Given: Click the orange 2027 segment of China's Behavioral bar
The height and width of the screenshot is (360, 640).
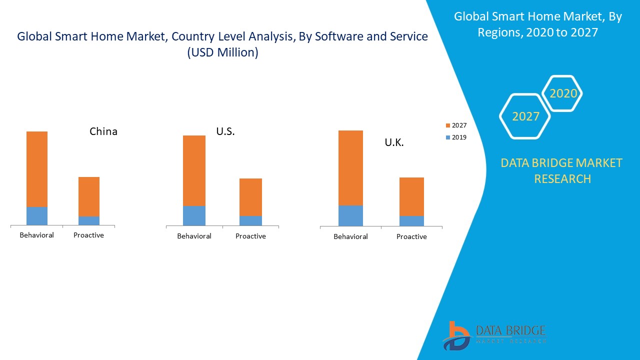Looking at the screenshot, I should click(x=37, y=169).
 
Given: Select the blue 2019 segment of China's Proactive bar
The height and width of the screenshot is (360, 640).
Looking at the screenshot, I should click(x=89, y=220).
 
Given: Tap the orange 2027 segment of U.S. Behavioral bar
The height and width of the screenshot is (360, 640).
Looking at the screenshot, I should click(x=194, y=170).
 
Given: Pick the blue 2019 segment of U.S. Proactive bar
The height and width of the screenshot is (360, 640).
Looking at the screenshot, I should click(x=250, y=220).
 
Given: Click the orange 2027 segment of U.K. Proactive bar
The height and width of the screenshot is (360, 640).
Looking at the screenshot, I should click(x=411, y=196).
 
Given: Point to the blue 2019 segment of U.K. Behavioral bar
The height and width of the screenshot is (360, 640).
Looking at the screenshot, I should click(x=350, y=215).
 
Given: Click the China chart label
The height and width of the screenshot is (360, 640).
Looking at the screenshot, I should click(x=103, y=131).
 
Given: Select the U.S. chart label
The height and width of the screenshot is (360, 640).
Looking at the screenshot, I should click(x=225, y=131).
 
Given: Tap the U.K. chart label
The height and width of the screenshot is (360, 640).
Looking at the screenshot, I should click(x=394, y=142).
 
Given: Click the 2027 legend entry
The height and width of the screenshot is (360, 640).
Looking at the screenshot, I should click(x=456, y=125).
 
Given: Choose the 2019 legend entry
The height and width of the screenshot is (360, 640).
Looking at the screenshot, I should click(x=456, y=137).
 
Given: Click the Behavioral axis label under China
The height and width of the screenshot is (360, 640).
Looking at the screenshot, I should click(x=36, y=235).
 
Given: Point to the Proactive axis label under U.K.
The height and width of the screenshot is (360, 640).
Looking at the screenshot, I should click(x=411, y=236).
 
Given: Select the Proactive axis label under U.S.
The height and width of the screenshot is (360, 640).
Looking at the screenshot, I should click(x=250, y=236).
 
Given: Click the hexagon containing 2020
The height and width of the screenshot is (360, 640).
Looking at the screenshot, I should click(x=563, y=93).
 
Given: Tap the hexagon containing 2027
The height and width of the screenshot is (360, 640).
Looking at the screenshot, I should click(x=525, y=116).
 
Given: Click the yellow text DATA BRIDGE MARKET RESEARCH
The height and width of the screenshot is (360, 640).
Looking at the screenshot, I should click(x=562, y=170).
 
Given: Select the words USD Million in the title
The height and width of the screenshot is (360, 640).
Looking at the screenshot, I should click(x=223, y=52).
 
